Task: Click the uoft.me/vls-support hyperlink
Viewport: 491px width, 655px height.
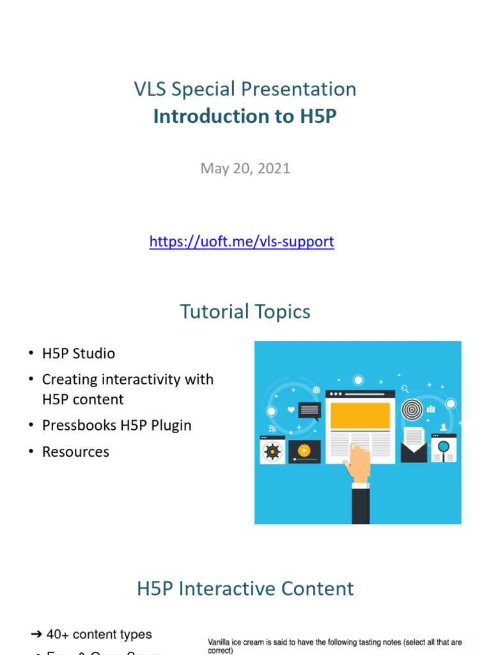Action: point(241,242)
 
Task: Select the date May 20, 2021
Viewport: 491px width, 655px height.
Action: point(245,168)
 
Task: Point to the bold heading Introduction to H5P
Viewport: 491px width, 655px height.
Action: point(245,116)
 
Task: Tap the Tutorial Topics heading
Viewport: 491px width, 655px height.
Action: point(245,312)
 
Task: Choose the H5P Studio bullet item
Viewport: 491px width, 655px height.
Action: point(78,353)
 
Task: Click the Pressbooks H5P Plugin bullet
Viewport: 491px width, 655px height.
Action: point(116,425)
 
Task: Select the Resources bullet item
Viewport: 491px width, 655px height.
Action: point(75,452)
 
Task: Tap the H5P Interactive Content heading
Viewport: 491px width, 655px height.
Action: point(245,588)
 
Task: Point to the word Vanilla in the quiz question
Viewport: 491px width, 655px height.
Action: point(221,642)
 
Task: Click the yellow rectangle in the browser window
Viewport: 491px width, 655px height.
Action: point(359,415)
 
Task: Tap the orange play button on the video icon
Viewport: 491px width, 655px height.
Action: point(304,451)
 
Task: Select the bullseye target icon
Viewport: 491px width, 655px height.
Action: point(412,409)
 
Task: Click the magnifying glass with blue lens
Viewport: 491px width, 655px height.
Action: point(443,447)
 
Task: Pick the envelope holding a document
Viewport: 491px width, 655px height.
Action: point(414,446)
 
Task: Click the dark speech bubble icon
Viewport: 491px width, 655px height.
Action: point(309,409)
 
